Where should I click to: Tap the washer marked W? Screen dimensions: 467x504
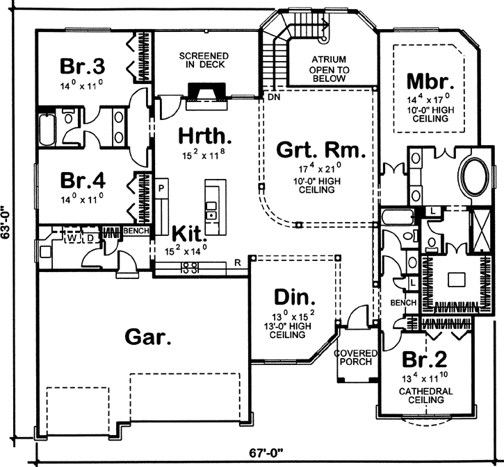71,237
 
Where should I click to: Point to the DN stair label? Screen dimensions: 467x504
273,98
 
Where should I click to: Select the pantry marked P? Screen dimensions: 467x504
160,188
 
